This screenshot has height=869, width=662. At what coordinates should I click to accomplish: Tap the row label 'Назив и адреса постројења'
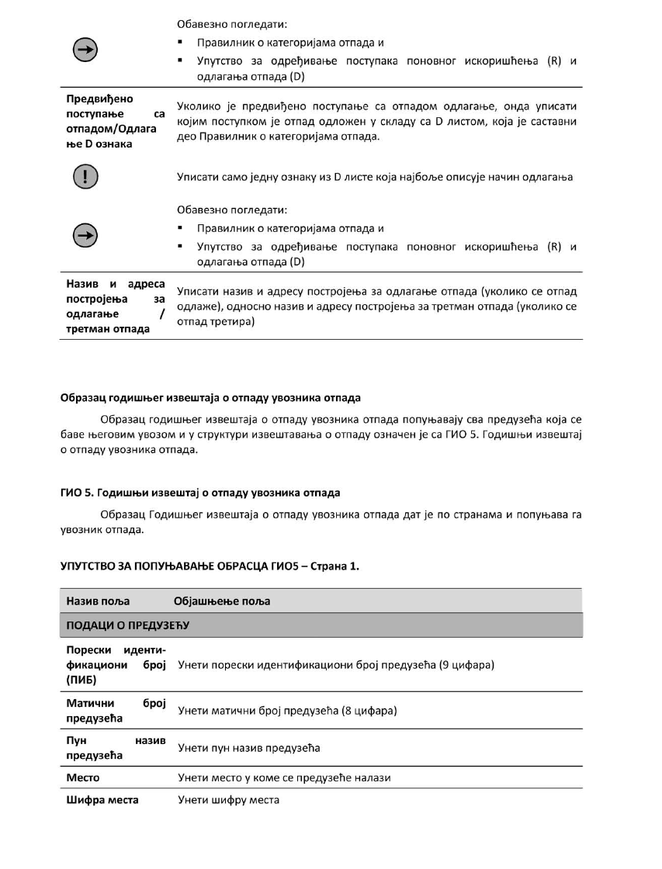[x=113, y=306]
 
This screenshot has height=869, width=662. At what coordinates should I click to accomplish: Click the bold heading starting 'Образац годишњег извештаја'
[x=210, y=398]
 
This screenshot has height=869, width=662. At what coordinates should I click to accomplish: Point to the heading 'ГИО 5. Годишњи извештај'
[x=200, y=493]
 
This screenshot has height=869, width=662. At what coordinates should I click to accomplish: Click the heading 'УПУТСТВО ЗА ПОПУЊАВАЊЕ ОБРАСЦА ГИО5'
[x=210, y=566]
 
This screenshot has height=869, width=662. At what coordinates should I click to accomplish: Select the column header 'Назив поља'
[x=98, y=601]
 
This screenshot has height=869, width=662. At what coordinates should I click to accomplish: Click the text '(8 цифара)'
[x=369, y=711]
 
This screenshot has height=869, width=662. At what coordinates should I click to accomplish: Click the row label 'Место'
[x=82, y=777]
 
